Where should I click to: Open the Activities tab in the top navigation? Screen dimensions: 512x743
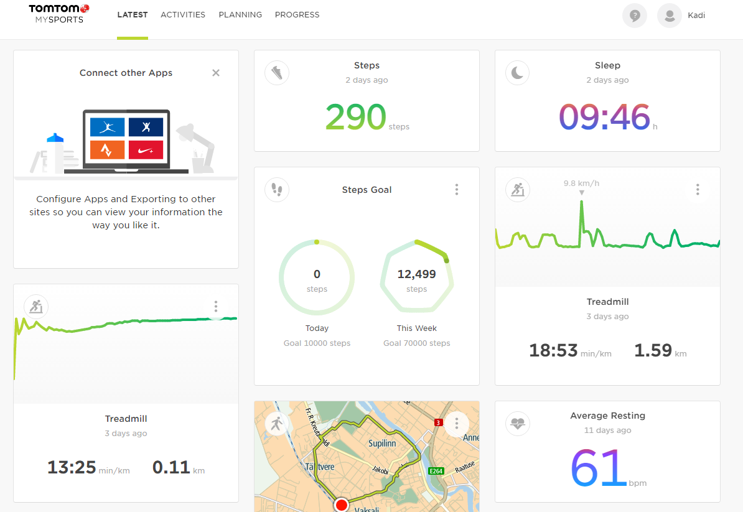coord(183,15)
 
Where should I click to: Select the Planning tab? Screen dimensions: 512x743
coord(240,15)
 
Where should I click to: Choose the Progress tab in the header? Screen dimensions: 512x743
coord(297,15)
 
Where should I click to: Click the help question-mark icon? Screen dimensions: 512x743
coord(634,16)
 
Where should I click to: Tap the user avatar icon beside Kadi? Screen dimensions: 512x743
coord(669,16)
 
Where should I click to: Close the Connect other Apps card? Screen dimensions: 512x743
coord(216,73)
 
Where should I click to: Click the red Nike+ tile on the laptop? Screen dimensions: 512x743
coord(146,149)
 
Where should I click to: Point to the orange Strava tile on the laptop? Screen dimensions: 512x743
coord(107,149)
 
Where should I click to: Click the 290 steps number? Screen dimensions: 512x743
coord(355,117)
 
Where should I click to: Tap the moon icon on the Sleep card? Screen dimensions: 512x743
coord(517,73)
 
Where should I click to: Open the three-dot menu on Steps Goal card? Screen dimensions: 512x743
coord(457,190)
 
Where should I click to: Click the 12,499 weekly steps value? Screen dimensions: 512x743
coord(416,274)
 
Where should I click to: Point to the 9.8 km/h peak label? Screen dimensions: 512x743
coord(581,184)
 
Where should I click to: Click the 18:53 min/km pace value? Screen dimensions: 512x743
coord(553,351)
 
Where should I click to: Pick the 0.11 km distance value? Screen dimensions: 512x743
coord(171,467)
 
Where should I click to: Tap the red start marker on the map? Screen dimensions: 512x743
coord(341,505)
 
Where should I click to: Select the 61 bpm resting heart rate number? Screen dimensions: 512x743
coord(598,468)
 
